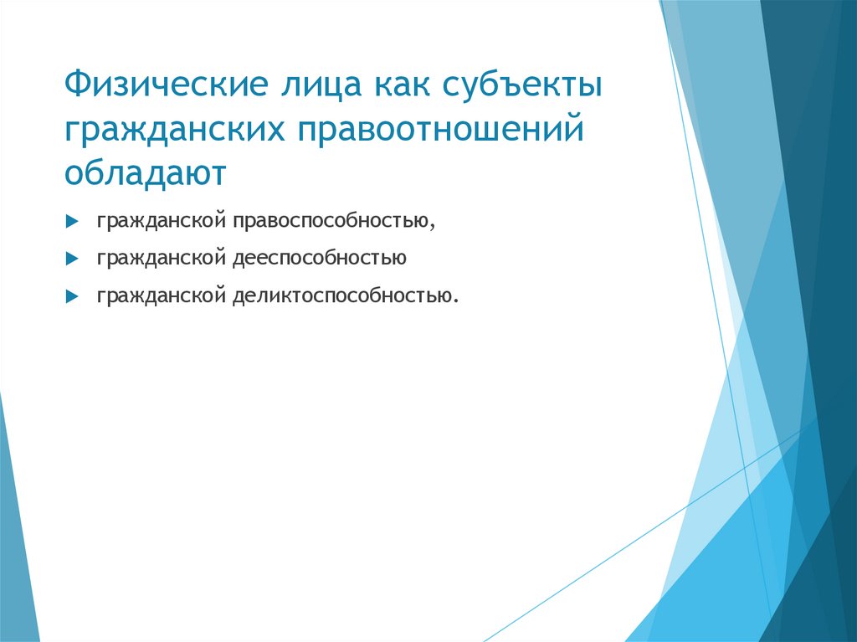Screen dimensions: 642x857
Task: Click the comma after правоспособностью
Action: pyautogui.click(x=434, y=226)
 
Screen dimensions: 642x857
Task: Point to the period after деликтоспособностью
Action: pyautogui.click(x=457, y=300)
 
